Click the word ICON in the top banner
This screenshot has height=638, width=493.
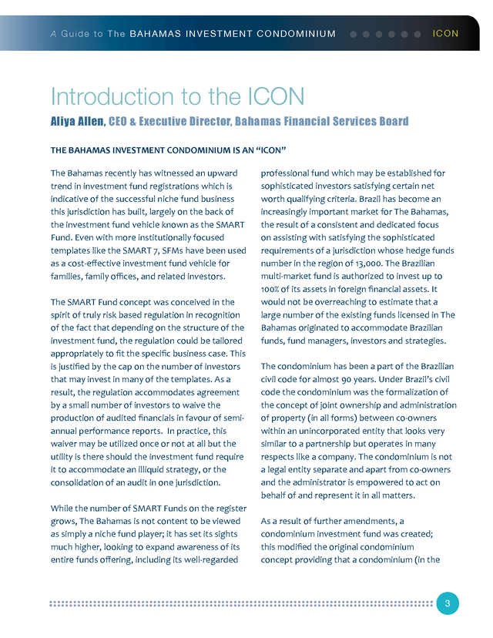445,34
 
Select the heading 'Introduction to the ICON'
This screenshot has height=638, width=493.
178,96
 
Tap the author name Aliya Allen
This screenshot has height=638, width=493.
76,122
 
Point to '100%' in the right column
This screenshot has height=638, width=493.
273,288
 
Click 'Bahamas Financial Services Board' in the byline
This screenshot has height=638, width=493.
321,122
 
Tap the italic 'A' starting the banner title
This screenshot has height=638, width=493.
52,34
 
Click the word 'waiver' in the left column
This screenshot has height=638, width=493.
66,444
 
